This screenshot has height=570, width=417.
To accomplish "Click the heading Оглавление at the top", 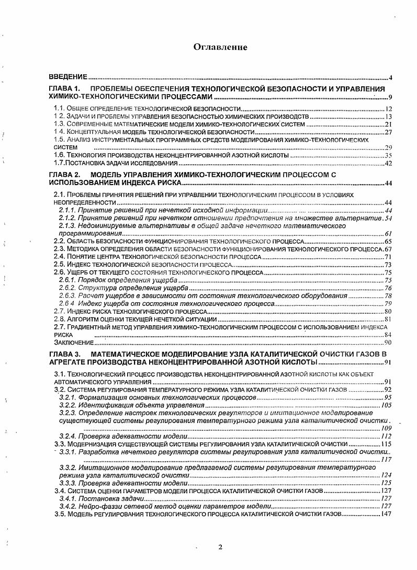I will [220, 48].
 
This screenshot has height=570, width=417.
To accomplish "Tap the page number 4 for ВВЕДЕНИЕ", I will [390, 78].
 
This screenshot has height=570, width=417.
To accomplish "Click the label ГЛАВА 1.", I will [63, 89].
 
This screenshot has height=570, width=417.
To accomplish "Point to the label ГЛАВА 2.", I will [63, 174].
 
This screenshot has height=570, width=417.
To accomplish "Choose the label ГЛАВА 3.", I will [63, 355].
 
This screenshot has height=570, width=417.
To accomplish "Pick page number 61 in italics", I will [388, 233].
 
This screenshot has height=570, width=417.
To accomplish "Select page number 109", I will [386, 428].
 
